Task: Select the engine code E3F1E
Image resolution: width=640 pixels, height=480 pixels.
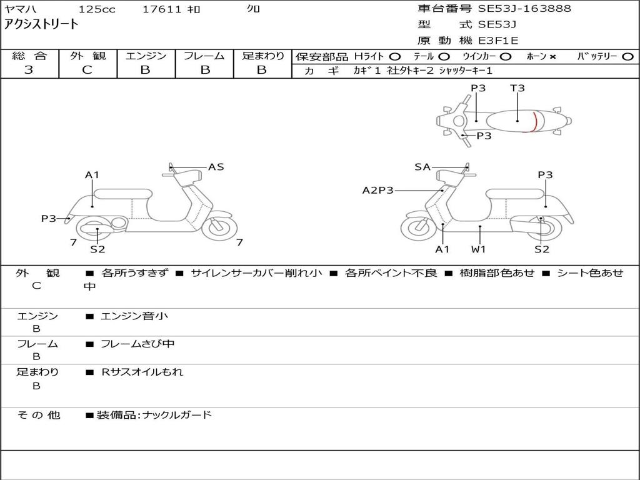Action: pyautogui.click(x=498, y=41)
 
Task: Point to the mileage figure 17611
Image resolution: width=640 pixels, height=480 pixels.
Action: pyautogui.click(x=162, y=9)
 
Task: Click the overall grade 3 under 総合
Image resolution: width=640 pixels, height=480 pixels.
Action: pyautogui.click(x=29, y=70)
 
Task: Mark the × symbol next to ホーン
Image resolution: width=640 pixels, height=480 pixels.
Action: pyautogui.click(x=552, y=57)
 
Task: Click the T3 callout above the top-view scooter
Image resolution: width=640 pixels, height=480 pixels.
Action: pyautogui.click(x=517, y=88)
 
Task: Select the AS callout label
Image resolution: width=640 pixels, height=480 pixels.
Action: pyautogui.click(x=216, y=167)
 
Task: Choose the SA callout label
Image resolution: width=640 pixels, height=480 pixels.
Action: pyautogui.click(x=422, y=167)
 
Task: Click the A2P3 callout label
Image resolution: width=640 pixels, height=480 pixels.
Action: pyautogui.click(x=378, y=190)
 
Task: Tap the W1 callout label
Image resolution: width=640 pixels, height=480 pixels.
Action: pyautogui.click(x=479, y=249)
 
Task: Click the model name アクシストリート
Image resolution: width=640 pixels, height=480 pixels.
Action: pyautogui.click(x=42, y=24)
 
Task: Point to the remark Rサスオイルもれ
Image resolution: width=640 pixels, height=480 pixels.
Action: pyautogui.click(x=142, y=372)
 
